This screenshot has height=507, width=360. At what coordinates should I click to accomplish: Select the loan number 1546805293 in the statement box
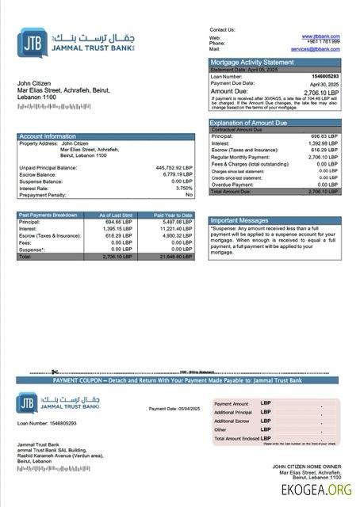pos(323,76)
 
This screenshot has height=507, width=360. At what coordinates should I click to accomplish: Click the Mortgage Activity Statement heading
pos(251,62)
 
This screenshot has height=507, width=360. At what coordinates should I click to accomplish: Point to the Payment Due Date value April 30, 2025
pos(324,83)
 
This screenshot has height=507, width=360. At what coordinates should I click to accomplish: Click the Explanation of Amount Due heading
pos(249,123)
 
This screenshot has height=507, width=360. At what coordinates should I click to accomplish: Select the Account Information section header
pos(48,136)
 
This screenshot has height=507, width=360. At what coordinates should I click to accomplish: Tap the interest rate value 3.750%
pos(183,188)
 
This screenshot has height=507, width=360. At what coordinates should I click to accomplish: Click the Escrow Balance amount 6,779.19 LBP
pos(177,174)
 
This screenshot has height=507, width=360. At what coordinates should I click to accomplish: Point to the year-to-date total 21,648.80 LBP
pos(175,257)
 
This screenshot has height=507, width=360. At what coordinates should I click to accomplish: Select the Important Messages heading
pos(239,221)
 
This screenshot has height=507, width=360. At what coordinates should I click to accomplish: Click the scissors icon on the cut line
pos(55,372)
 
